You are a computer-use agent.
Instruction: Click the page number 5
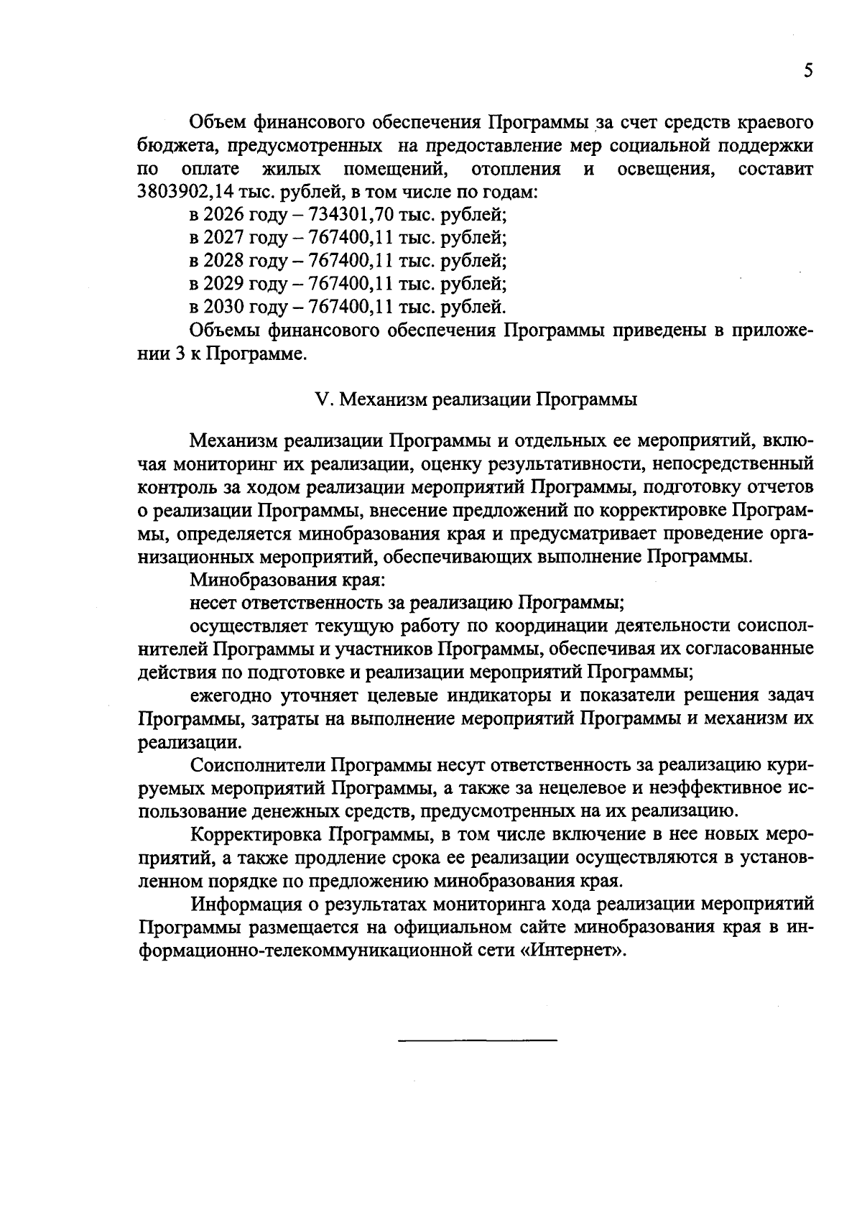coord(808,71)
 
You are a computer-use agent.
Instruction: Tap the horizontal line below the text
coord(477,1040)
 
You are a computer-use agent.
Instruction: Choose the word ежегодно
coord(226,695)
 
